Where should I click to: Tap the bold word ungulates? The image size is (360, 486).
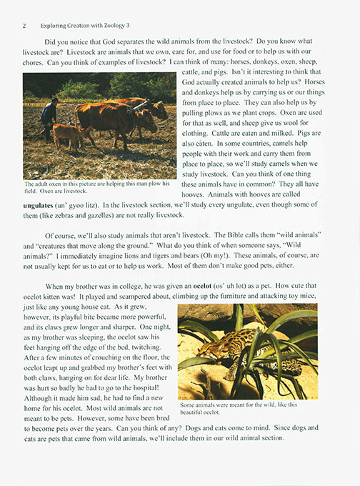coord(44,206)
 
